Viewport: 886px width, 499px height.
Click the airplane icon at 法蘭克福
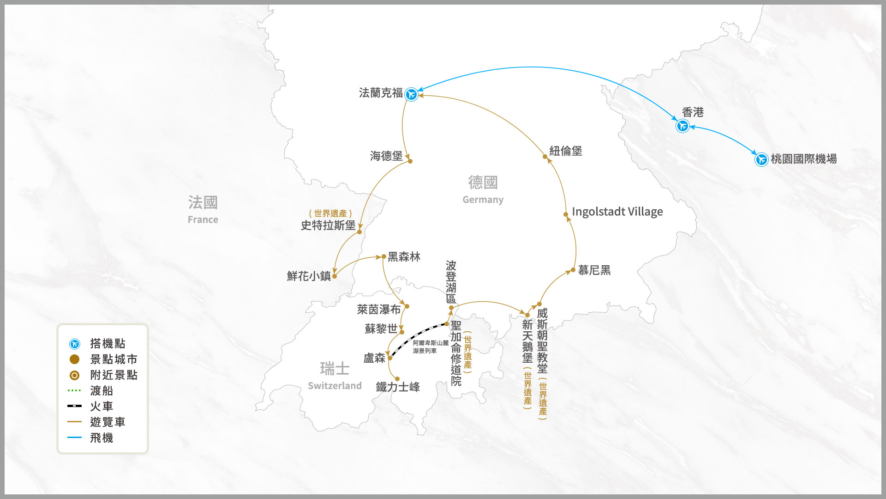(x=411, y=94)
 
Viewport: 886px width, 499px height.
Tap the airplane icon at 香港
(x=682, y=126)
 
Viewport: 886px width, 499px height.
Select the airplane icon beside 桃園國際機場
(x=761, y=159)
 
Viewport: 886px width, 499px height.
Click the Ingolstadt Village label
(x=617, y=212)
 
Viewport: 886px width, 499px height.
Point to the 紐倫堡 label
(x=565, y=151)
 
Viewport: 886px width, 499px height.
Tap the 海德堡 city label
(x=386, y=156)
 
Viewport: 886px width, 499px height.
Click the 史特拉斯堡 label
(x=328, y=225)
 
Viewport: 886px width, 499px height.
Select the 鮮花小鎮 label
(x=309, y=276)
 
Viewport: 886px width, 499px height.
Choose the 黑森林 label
(x=404, y=257)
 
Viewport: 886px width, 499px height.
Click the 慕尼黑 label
(x=594, y=270)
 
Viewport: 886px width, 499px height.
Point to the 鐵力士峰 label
(x=397, y=387)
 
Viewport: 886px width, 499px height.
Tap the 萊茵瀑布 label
(x=378, y=310)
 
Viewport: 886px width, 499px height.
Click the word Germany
(x=483, y=200)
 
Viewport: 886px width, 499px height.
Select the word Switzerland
(x=335, y=386)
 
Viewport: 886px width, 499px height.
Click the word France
(x=203, y=219)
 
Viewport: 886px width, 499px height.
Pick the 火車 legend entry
(x=102, y=407)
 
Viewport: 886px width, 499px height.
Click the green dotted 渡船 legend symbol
(x=74, y=390)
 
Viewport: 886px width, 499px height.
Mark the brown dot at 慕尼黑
(x=573, y=270)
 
